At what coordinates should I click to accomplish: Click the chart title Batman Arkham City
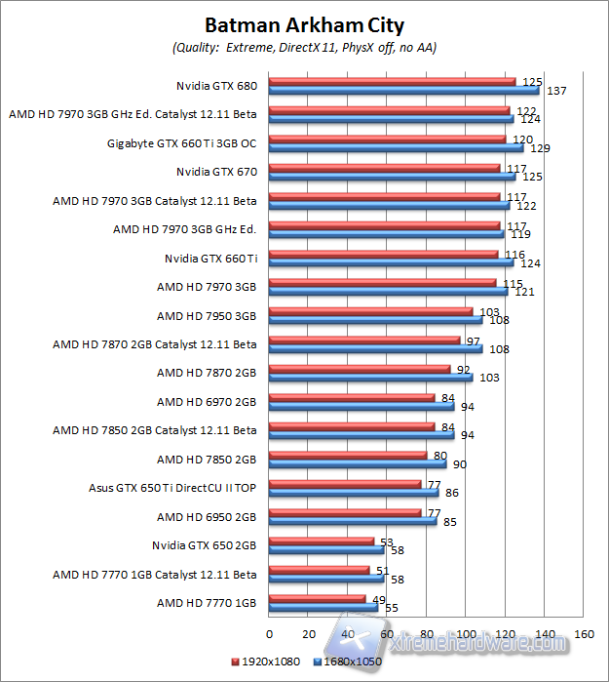coord(304,24)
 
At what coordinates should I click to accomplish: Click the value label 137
coord(556,91)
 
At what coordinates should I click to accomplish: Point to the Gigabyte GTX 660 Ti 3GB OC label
coord(182,143)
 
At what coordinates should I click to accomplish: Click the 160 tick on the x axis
coord(584,633)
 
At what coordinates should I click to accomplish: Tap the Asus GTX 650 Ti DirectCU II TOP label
coord(172,487)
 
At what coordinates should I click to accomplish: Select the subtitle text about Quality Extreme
coord(304,47)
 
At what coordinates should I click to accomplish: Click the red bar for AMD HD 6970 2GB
coord(351,396)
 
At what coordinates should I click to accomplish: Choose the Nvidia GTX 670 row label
coord(216,172)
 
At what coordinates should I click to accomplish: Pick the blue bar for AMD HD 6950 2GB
coord(353,520)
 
